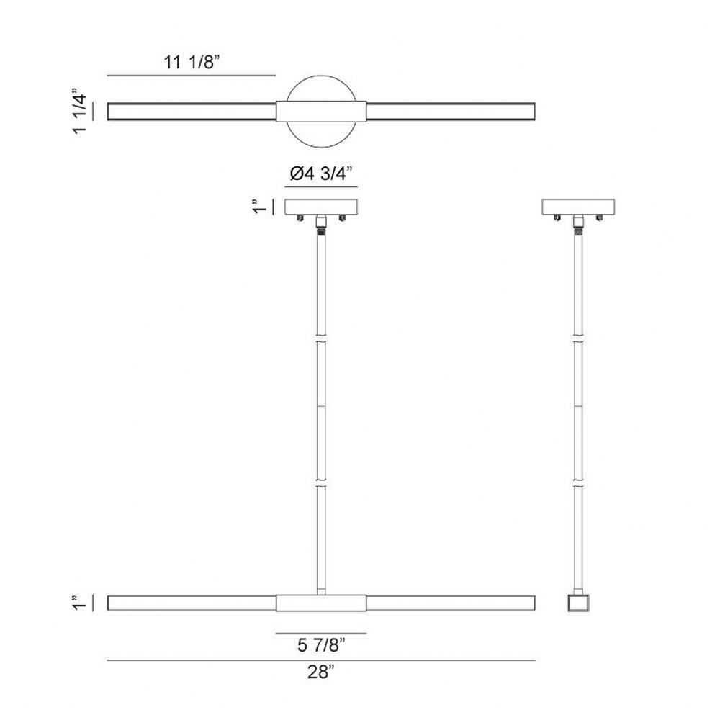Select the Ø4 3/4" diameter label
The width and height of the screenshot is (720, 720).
321,174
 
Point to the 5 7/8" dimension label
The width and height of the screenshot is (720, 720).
321,645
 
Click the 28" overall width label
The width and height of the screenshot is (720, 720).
320,672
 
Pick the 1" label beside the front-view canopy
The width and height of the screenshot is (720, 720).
259,207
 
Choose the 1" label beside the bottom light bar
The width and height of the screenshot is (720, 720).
79,603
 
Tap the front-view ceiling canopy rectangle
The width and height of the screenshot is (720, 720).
321,207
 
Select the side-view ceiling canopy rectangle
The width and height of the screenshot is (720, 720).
578,207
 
